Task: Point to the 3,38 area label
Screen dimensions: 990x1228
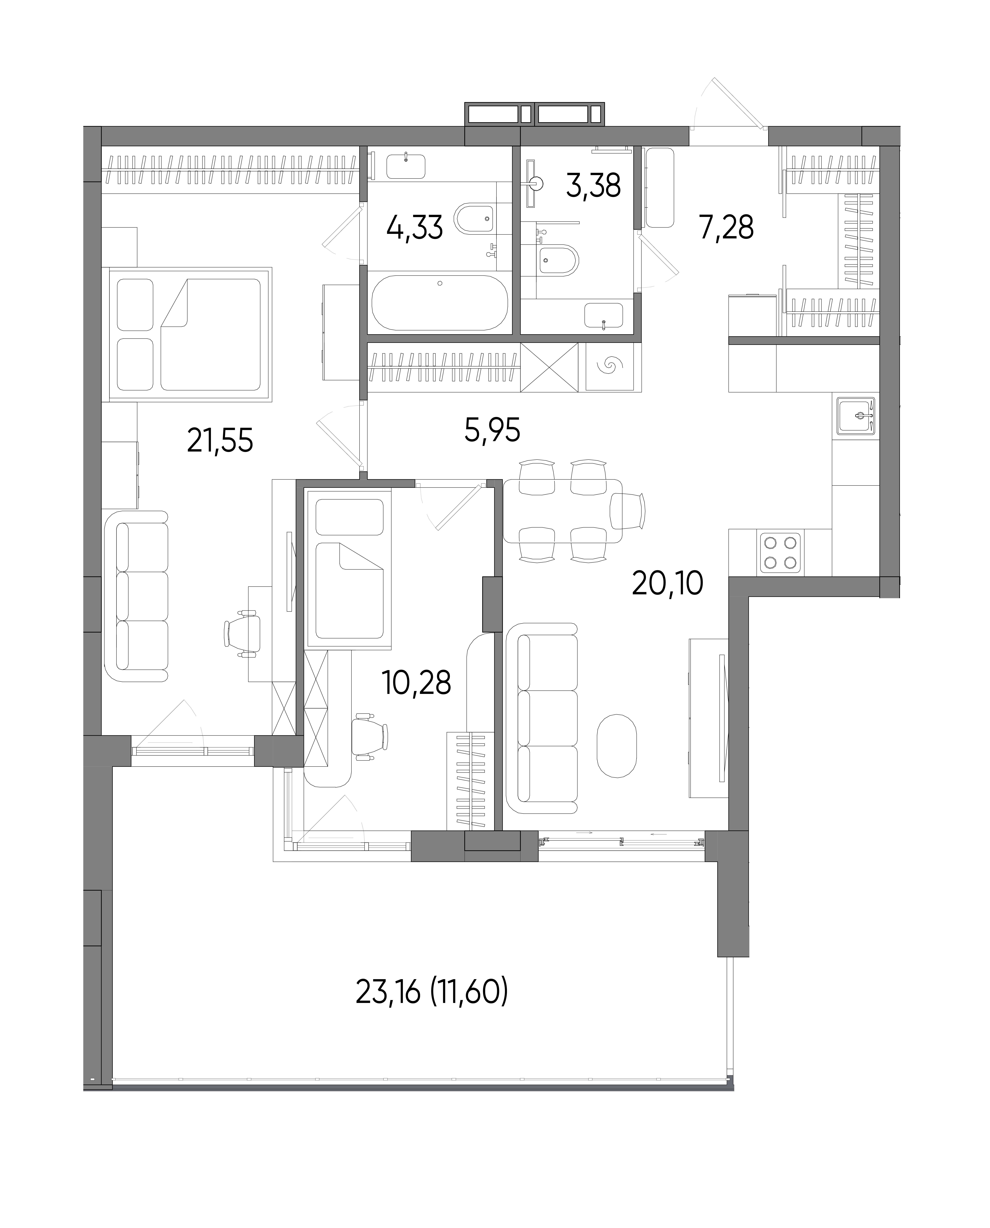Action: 593,185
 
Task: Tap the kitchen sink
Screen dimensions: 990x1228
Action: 855,416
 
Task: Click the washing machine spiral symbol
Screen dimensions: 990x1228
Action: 610,366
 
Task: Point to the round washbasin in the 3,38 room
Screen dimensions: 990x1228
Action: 536,183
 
